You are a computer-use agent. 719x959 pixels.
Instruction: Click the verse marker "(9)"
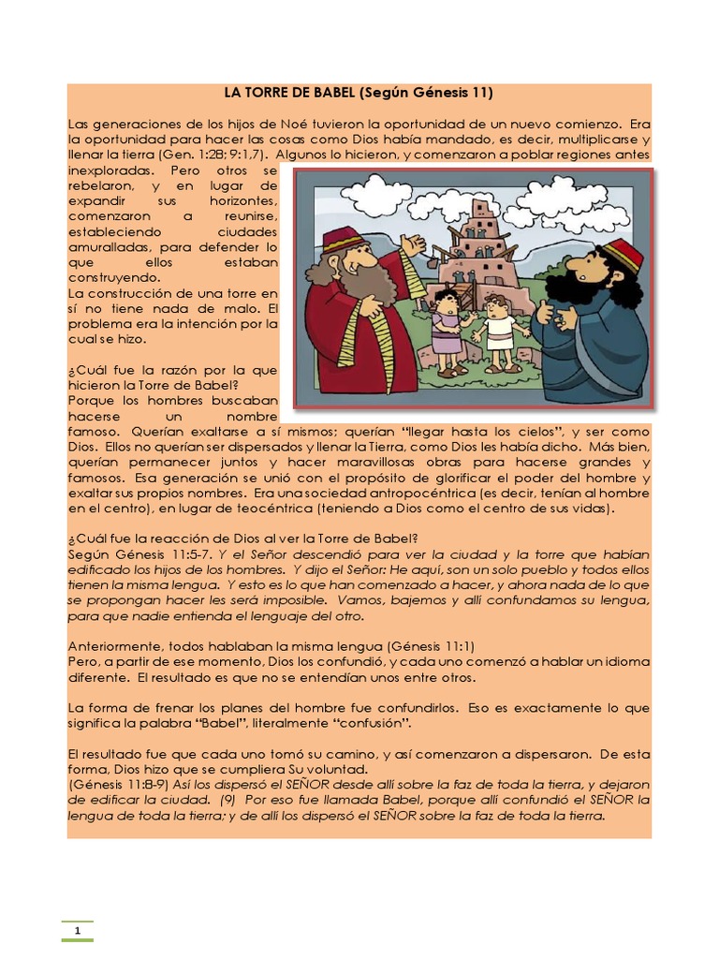pos(228,801)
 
